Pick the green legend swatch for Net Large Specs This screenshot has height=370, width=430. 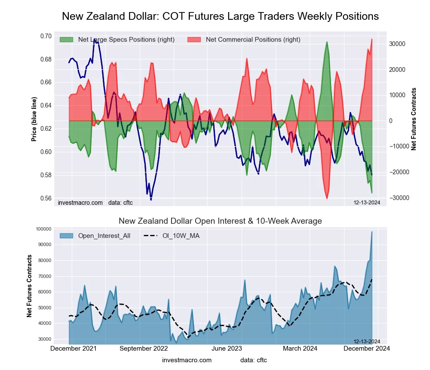66,40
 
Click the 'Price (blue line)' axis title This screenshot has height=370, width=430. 34,119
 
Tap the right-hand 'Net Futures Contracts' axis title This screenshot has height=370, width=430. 414,119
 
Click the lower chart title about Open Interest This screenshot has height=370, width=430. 220,221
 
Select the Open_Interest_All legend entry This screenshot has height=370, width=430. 104,236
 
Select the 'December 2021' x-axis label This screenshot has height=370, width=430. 74,348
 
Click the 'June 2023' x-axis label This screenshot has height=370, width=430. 227,348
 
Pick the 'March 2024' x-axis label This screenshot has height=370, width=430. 297,348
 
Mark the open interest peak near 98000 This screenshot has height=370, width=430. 372,232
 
